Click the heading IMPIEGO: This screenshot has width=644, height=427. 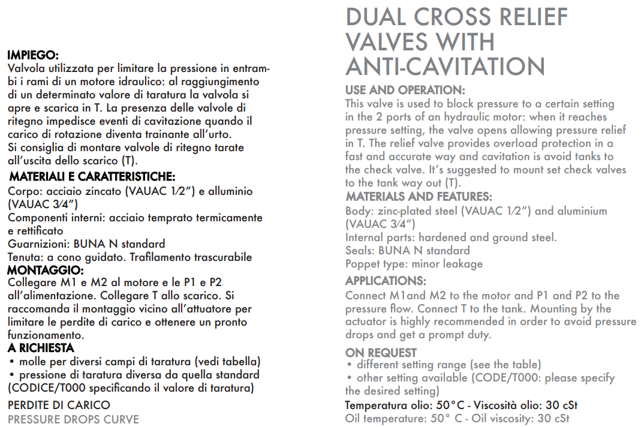coord(32,55)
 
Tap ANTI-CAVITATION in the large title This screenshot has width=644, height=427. coord(445,67)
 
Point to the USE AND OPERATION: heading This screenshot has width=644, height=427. coord(405,90)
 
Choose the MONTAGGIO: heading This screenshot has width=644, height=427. coord(45,270)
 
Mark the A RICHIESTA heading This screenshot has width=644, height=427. coord(41,348)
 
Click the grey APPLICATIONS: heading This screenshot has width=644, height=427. coord(386,281)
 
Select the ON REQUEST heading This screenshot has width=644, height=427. coord(381,353)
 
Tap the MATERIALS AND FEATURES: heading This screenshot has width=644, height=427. coord(419,197)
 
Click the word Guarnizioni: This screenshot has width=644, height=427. coord(38,244)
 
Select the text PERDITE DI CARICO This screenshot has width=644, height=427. coord(59,405)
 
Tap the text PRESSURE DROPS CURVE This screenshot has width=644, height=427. coord(73,419)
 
